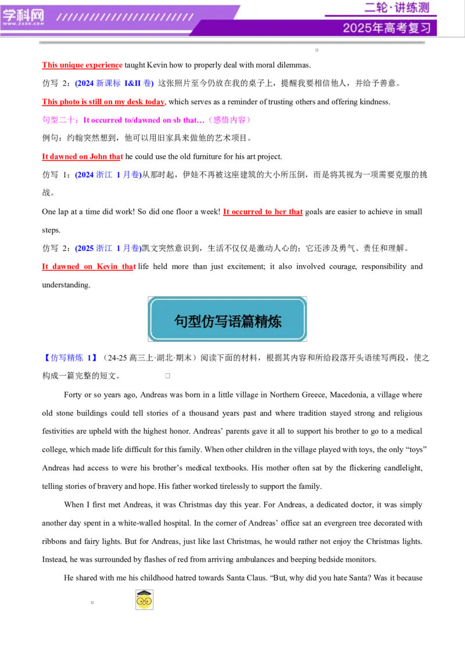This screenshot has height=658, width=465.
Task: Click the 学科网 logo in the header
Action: coord(23,15)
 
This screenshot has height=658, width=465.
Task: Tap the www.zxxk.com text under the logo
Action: coord(23,24)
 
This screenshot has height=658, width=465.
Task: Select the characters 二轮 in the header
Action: coord(375,8)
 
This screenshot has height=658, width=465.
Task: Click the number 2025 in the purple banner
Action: coord(357,28)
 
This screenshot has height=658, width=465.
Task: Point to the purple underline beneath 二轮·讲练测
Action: coord(381,16)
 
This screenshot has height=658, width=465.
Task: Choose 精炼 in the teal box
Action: coord(268,321)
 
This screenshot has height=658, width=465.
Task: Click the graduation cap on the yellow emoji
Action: coord(144,593)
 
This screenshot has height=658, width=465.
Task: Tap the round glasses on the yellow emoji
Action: coord(144,600)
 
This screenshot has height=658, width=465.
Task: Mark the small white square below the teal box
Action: coord(167,376)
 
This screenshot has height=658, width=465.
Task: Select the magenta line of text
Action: coord(146,120)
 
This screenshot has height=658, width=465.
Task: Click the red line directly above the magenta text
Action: coord(103,103)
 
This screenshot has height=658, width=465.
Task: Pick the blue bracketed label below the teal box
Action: coord(70,358)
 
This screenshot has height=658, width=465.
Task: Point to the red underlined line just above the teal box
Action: coord(88,267)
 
